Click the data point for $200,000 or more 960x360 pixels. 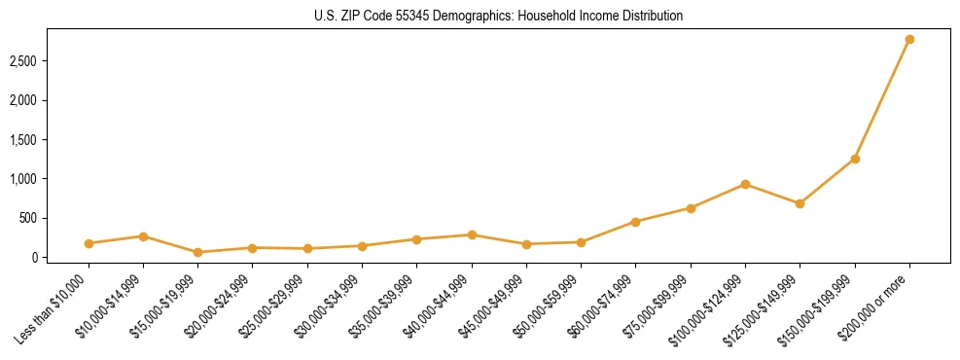[x=909, y=39]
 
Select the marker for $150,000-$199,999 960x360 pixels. [x=855, y=159]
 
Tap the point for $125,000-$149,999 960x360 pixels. [x=800, y=203]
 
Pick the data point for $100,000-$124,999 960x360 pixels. [x=745, y=184]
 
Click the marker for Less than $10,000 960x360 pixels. [x=89, y=243]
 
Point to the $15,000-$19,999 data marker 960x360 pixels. [x=198, y=252]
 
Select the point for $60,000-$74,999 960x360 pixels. [x=635, y=222]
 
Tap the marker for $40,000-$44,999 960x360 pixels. [x=472, y=234]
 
